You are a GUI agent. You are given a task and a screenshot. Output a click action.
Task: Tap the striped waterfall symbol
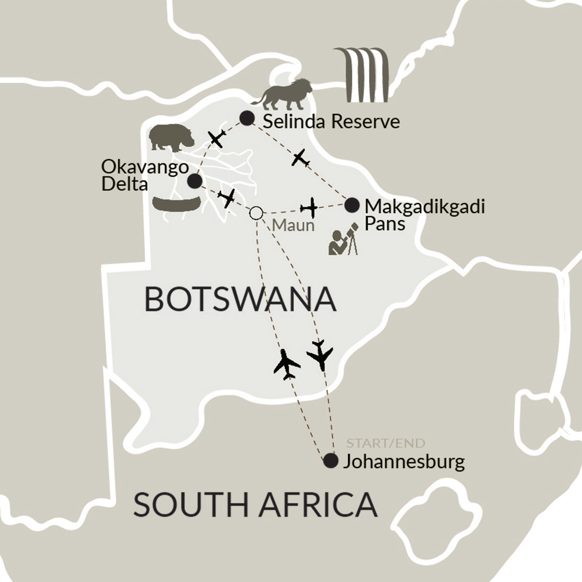pos(361,75)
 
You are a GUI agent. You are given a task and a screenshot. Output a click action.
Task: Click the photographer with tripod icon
pos(343,240)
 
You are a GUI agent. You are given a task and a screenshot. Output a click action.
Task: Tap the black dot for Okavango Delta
pos(194,181)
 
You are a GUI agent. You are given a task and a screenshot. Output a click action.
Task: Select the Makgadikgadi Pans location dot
pos(352,204)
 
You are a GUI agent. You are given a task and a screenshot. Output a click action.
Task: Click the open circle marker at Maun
pos(256,213)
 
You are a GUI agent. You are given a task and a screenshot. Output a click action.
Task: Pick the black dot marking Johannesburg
pos(330,461)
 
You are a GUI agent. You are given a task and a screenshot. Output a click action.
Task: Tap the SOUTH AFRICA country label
pos(255,504)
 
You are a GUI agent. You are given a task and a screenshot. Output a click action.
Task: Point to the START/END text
pos(386,443)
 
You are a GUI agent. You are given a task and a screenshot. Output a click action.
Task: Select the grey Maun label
pos(293,225)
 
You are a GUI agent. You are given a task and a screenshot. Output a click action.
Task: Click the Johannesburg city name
pos(404,462)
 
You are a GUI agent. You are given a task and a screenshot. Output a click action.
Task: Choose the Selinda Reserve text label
pos(331,121)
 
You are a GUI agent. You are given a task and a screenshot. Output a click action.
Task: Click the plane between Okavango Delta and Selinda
pos(217,138)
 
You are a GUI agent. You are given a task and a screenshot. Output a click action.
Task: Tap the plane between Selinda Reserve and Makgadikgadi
pos(300,158)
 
